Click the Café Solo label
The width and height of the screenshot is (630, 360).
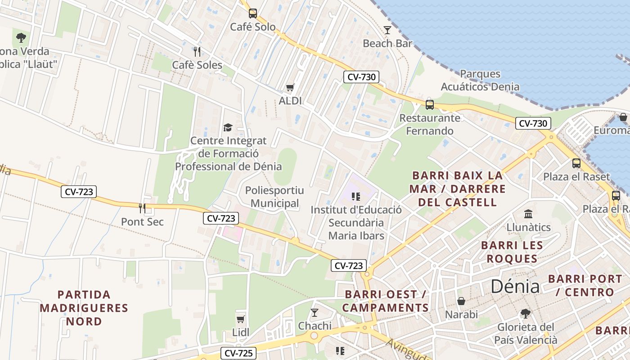click(x=253, y=27)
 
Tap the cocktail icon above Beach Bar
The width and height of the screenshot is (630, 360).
click(x=387, y=30)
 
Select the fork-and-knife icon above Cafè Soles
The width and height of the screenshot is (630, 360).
click(x=197, y=52)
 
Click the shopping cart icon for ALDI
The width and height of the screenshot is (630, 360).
click(x=290, y=87)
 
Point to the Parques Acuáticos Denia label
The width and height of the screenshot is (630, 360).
click(x=480, y=80)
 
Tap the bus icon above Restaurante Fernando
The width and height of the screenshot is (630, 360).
click(x=430, y=105)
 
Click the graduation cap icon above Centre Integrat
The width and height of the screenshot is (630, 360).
click(x=228, y=128)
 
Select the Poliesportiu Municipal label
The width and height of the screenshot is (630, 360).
click(x=274, y=197)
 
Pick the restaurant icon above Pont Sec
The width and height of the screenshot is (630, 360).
click(x=142, y=208)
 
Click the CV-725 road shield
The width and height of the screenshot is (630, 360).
click(x=238, y=353)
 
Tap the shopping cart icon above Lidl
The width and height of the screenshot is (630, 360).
click(x=241, y=319)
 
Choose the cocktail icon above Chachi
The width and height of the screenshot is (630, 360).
click(x=315, y=312)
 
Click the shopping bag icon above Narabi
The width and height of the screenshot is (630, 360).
click(x=461, y=301)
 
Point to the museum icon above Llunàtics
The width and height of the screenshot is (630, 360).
click(x=528, y=214)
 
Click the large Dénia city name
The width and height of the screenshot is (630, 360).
click(x=515, y=286)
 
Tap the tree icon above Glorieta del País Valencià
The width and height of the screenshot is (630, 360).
click(x=525, y=313)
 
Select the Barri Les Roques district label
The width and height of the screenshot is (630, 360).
click(x=512, y=252)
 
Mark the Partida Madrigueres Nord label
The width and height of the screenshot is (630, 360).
click(x=84, y=308)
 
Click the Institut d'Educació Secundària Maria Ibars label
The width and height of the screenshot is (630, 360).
click(x=356, y=223)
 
